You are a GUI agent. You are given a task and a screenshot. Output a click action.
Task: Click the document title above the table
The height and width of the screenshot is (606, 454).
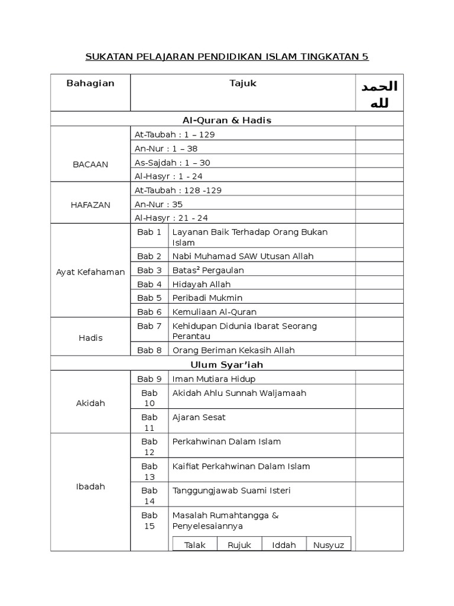coord(227,57)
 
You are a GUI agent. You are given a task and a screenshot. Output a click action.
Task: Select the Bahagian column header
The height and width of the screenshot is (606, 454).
coord(90,83)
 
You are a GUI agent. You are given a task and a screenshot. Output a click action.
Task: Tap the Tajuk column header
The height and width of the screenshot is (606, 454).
coord(242,83)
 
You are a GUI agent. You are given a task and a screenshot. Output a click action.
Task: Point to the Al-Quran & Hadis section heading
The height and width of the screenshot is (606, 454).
coord(227,120)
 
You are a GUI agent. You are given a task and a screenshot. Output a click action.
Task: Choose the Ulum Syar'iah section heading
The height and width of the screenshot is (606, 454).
coord(227,365)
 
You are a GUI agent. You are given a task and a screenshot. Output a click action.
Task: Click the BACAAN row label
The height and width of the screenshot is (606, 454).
coord(90,165)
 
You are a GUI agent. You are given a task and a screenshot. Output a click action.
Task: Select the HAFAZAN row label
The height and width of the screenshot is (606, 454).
coord(90,204)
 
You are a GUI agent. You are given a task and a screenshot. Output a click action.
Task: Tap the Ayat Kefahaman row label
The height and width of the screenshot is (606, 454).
coord(90,272)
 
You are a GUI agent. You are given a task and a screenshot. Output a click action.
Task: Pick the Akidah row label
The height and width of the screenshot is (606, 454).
coord(90,403)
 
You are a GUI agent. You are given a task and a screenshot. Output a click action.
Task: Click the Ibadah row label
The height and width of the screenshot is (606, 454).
coord(90,486)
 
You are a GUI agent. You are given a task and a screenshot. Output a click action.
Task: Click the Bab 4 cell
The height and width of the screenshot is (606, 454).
coord(150,284)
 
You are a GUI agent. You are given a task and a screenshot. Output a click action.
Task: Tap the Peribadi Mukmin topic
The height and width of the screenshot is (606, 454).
coord(207,298)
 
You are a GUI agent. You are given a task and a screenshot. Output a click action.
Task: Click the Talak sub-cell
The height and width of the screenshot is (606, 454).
coord(195,545)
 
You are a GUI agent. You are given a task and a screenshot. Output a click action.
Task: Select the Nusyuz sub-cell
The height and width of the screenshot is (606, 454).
coord(329,545)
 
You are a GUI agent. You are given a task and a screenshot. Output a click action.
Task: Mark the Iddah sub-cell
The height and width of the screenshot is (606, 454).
coord(284,545)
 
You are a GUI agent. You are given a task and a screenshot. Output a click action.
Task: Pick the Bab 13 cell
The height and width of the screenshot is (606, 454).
coord(150,471)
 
